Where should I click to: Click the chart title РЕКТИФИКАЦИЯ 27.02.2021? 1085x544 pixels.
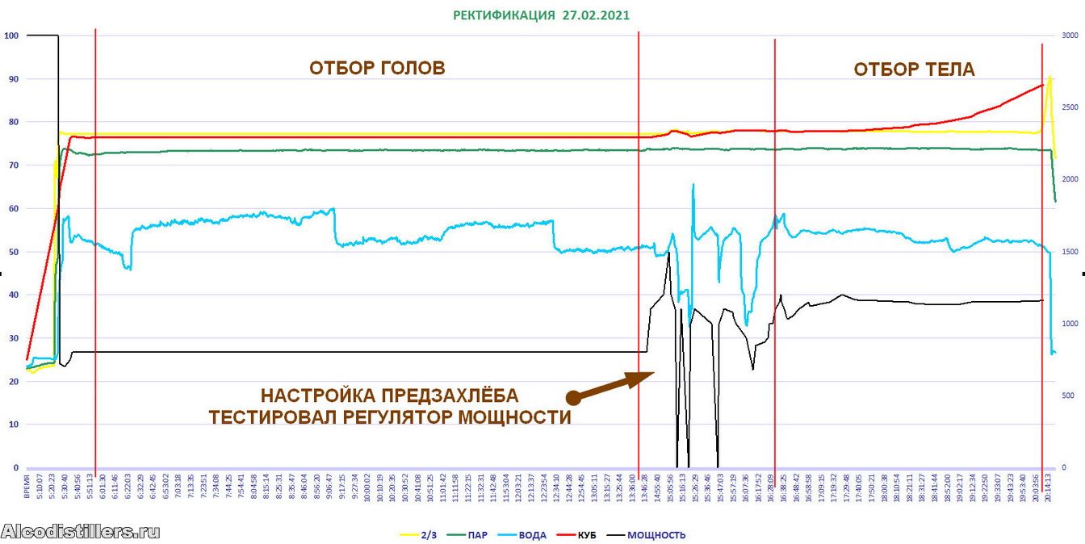[541, 15]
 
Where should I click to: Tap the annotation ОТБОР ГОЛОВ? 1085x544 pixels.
[377, 68]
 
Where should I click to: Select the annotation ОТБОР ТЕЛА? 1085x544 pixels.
[914, 69]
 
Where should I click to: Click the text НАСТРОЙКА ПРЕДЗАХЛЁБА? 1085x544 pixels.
[389, 396]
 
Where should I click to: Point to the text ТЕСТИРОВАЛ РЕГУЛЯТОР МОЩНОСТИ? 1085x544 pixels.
[390, 417]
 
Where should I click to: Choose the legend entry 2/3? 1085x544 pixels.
[423, 534]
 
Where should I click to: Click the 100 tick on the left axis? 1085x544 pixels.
[10, 36]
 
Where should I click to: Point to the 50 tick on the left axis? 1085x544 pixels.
[12, 252]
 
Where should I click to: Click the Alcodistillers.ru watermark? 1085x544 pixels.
[81, 531]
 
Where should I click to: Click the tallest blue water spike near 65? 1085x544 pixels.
[693, 185]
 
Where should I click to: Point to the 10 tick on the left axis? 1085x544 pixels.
[12, 425]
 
